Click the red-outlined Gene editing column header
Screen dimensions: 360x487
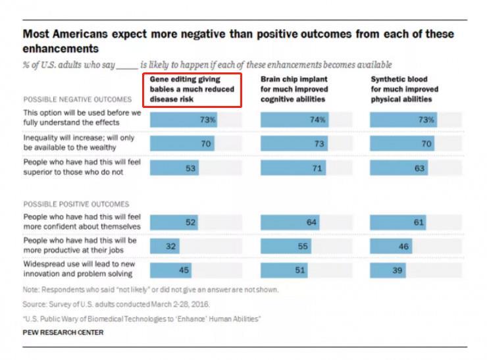192,90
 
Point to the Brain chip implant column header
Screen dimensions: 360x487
294,90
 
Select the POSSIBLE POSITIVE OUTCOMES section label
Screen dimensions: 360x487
76,204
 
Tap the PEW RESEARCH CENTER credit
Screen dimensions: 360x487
63,332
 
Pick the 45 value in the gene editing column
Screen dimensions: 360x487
186,270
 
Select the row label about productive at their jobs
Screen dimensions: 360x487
80,246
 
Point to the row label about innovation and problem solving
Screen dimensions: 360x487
79,269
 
